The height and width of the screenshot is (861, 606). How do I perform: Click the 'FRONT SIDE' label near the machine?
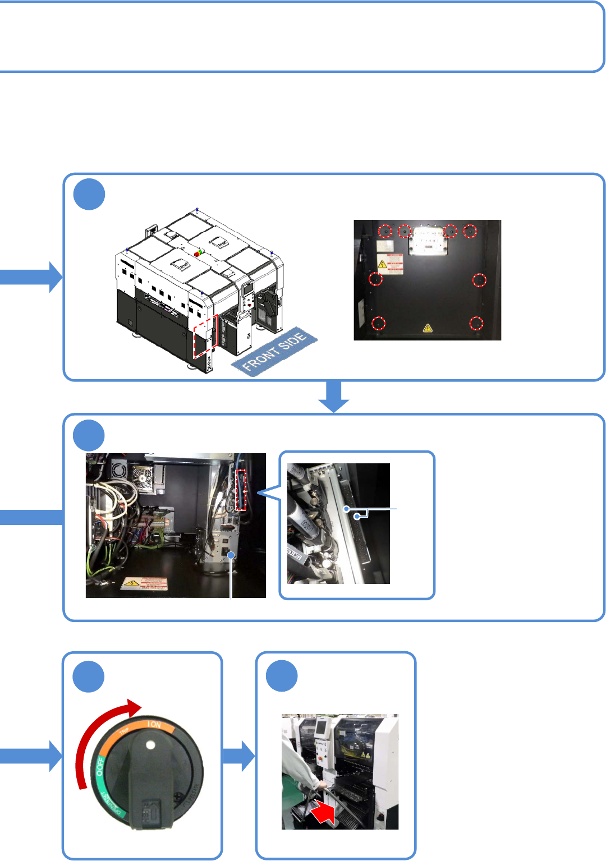pyautogui.click(x=274, y=352)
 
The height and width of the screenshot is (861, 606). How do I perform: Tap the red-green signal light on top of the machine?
pyautogui.click(x=198, y=253)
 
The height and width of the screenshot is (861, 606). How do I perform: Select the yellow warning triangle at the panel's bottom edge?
pyautogui.click(x=428, y=328)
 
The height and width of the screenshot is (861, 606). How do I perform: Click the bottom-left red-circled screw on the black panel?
pyautogui.click(x=379, y=323)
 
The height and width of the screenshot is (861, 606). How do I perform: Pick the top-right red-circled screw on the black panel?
pyautogui.click(x=470, y=231)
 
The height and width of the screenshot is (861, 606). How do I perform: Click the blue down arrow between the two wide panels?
pyautogui.click(x=334, y=397)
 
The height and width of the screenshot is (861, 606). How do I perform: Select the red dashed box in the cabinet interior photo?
pyautogui.click(x=241, y=490)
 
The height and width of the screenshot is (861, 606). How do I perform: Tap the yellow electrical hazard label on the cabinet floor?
pyautogui.click(x=144, y=583)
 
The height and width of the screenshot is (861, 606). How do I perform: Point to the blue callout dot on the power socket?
pyautogui.click(x=231, y=555)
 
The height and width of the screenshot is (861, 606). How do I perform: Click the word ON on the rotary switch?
pyautogui.click(x=154, y=725)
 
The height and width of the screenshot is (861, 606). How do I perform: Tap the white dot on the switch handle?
pyautogui.click(x=150, y=745)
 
